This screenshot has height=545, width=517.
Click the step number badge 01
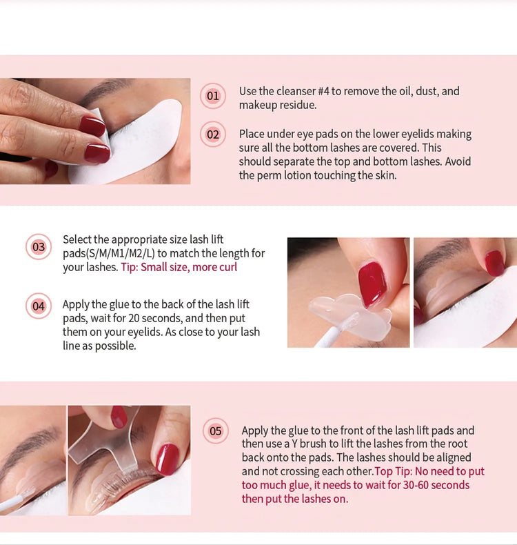(213, 96)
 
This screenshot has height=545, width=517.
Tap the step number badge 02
(213, 134)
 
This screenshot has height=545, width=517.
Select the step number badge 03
(39, 247)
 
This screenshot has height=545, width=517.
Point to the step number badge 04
(39, 306)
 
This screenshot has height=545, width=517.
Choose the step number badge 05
(216, 431)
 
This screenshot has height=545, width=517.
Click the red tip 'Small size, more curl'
(179, 267)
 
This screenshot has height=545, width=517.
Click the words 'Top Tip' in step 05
(394, 471)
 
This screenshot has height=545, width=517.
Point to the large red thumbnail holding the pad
(372, 284)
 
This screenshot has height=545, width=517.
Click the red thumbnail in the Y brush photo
(167, 459)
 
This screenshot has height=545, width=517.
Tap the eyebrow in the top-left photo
(103, 91)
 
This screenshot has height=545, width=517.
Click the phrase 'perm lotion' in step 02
(289, 175)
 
